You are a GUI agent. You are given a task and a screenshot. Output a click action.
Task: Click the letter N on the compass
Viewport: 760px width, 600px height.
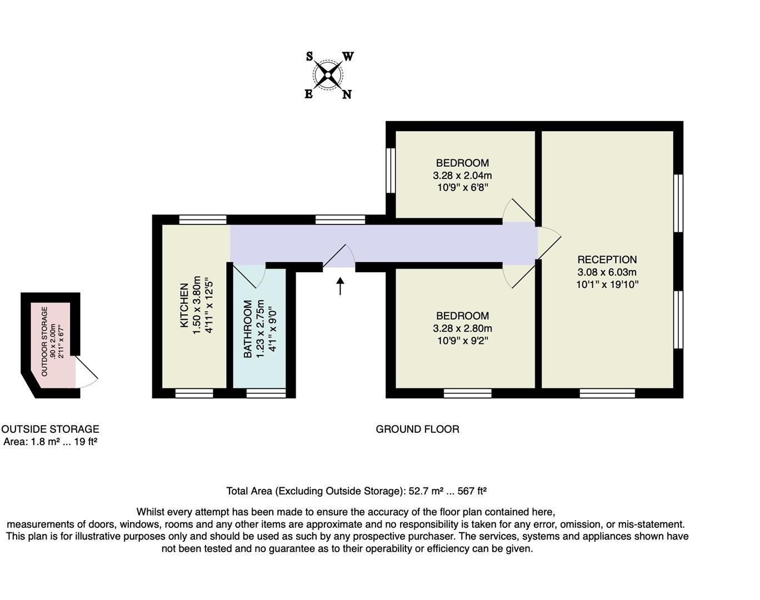tap(347, 94)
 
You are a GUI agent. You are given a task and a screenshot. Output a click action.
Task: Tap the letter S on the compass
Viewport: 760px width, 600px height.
tap(309, 56)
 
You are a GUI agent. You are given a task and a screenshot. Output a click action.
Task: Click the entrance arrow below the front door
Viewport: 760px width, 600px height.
tap(340, 287)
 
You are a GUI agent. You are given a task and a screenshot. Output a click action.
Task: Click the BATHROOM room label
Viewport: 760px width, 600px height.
tap(248, 329)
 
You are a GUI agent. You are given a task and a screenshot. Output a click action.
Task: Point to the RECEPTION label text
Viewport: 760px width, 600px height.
tap(607, 259)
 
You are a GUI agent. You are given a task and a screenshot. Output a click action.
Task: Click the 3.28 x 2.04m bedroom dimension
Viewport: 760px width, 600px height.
tap(462, 175)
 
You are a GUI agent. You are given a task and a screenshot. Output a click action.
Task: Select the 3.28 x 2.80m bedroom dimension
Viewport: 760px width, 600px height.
tap(462, 328)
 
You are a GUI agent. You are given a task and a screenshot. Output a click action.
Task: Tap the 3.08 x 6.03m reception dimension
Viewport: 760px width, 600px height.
tap(607, 272)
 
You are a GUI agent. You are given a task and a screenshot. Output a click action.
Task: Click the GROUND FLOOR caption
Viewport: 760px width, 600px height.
tap(417, 429)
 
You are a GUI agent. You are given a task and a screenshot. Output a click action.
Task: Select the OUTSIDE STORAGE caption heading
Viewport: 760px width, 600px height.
tap(50, 429)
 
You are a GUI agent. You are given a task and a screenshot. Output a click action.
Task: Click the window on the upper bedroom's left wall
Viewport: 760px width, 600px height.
tap(391, 170)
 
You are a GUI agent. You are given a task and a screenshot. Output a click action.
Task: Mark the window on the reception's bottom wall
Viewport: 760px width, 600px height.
tap(607, 393)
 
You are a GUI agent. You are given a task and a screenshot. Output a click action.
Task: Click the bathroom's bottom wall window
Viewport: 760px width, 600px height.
tap(266, 393)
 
